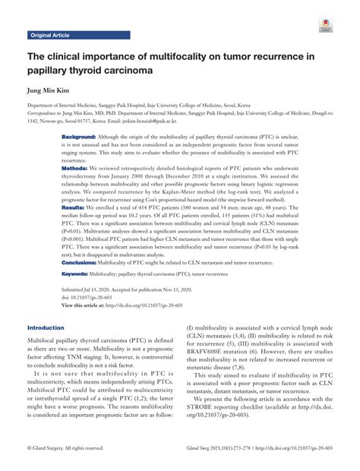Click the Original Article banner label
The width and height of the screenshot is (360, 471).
(49, 36)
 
